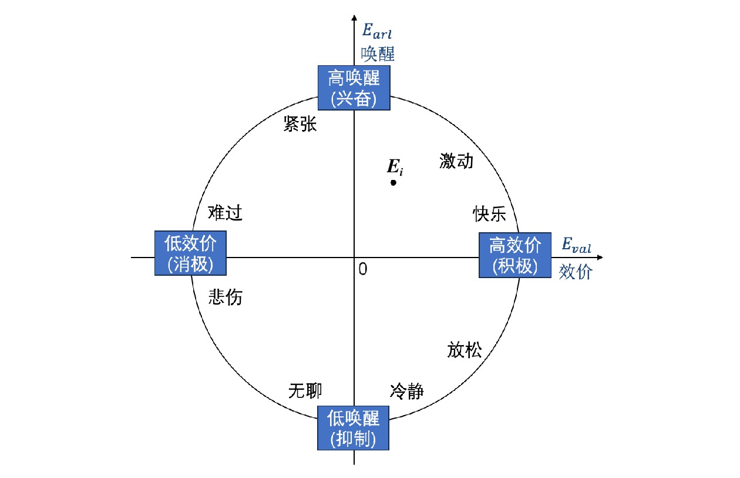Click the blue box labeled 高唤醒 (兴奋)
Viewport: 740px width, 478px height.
tap(354, 88)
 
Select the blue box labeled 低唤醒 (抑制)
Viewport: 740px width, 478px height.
tap(354, 427)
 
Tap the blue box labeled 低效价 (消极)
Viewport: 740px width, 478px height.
tap(190, 253)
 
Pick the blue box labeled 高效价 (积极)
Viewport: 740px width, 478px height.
tap(516, 255)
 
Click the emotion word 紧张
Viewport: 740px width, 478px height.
tap(300, 124)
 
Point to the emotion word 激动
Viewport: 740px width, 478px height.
tap(456, 161)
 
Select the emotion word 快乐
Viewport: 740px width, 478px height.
tap(490, 214)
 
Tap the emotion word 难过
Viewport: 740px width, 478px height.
tap(225, 213)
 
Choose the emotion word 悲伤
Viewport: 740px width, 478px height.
tap(226, 298)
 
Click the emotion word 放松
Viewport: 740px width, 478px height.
tap(465, 350)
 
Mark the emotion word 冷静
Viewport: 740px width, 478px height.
tap(406, 392)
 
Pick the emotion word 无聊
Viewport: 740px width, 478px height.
tap(305, 390)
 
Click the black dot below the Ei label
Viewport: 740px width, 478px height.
tap(393, 182)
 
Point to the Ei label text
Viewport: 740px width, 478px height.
tap(395, 167)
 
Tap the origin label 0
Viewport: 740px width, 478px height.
tap(362, 269)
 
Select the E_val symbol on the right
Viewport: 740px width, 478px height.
tap(577, 245)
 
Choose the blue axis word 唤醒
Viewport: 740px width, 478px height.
tap(378, 54)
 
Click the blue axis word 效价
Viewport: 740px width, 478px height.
tap(576, 272)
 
